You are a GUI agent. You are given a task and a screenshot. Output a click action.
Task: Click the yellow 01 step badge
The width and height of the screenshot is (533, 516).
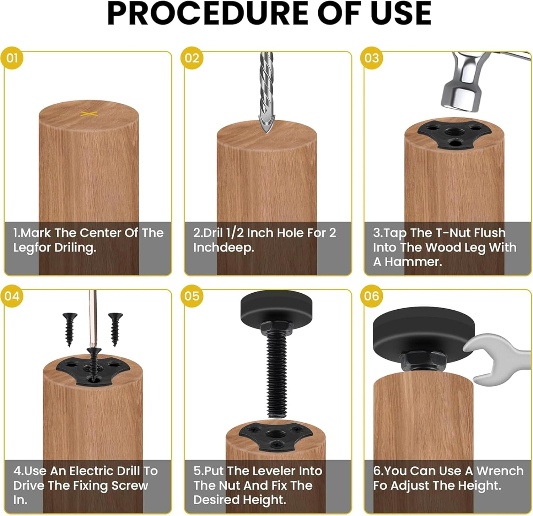click(12, 58)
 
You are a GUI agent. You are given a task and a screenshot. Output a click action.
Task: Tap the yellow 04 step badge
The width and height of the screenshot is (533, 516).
click(12, 296)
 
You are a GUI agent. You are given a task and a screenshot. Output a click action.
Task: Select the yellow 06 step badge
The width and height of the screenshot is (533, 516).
click(372, 296)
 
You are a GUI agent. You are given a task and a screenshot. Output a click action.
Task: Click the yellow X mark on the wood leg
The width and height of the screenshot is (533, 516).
click(89, 114)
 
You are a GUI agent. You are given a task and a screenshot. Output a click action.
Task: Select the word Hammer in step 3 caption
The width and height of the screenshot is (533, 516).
click(413, 262)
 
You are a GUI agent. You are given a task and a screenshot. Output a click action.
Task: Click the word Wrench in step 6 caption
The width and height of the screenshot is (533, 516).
click(500, 471)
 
